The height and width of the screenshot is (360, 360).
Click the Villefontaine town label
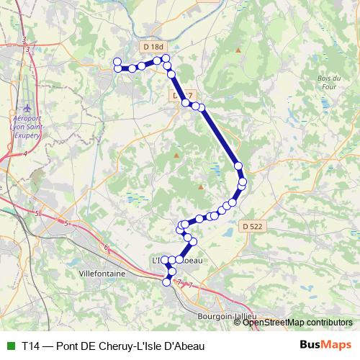pyautogui.click(x=102, y=274)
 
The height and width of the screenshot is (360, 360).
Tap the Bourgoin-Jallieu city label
pyautogui.click(x=227, y=315)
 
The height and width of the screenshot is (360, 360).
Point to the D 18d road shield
pyautogui.click(x=151, y=47)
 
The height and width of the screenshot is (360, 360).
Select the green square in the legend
pyautogui.click(x=9, y=346)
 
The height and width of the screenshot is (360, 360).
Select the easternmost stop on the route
pyautogui.click(x=243, y=181)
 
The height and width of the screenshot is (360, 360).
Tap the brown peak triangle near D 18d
pyautogui.click(x=238, y=50)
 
